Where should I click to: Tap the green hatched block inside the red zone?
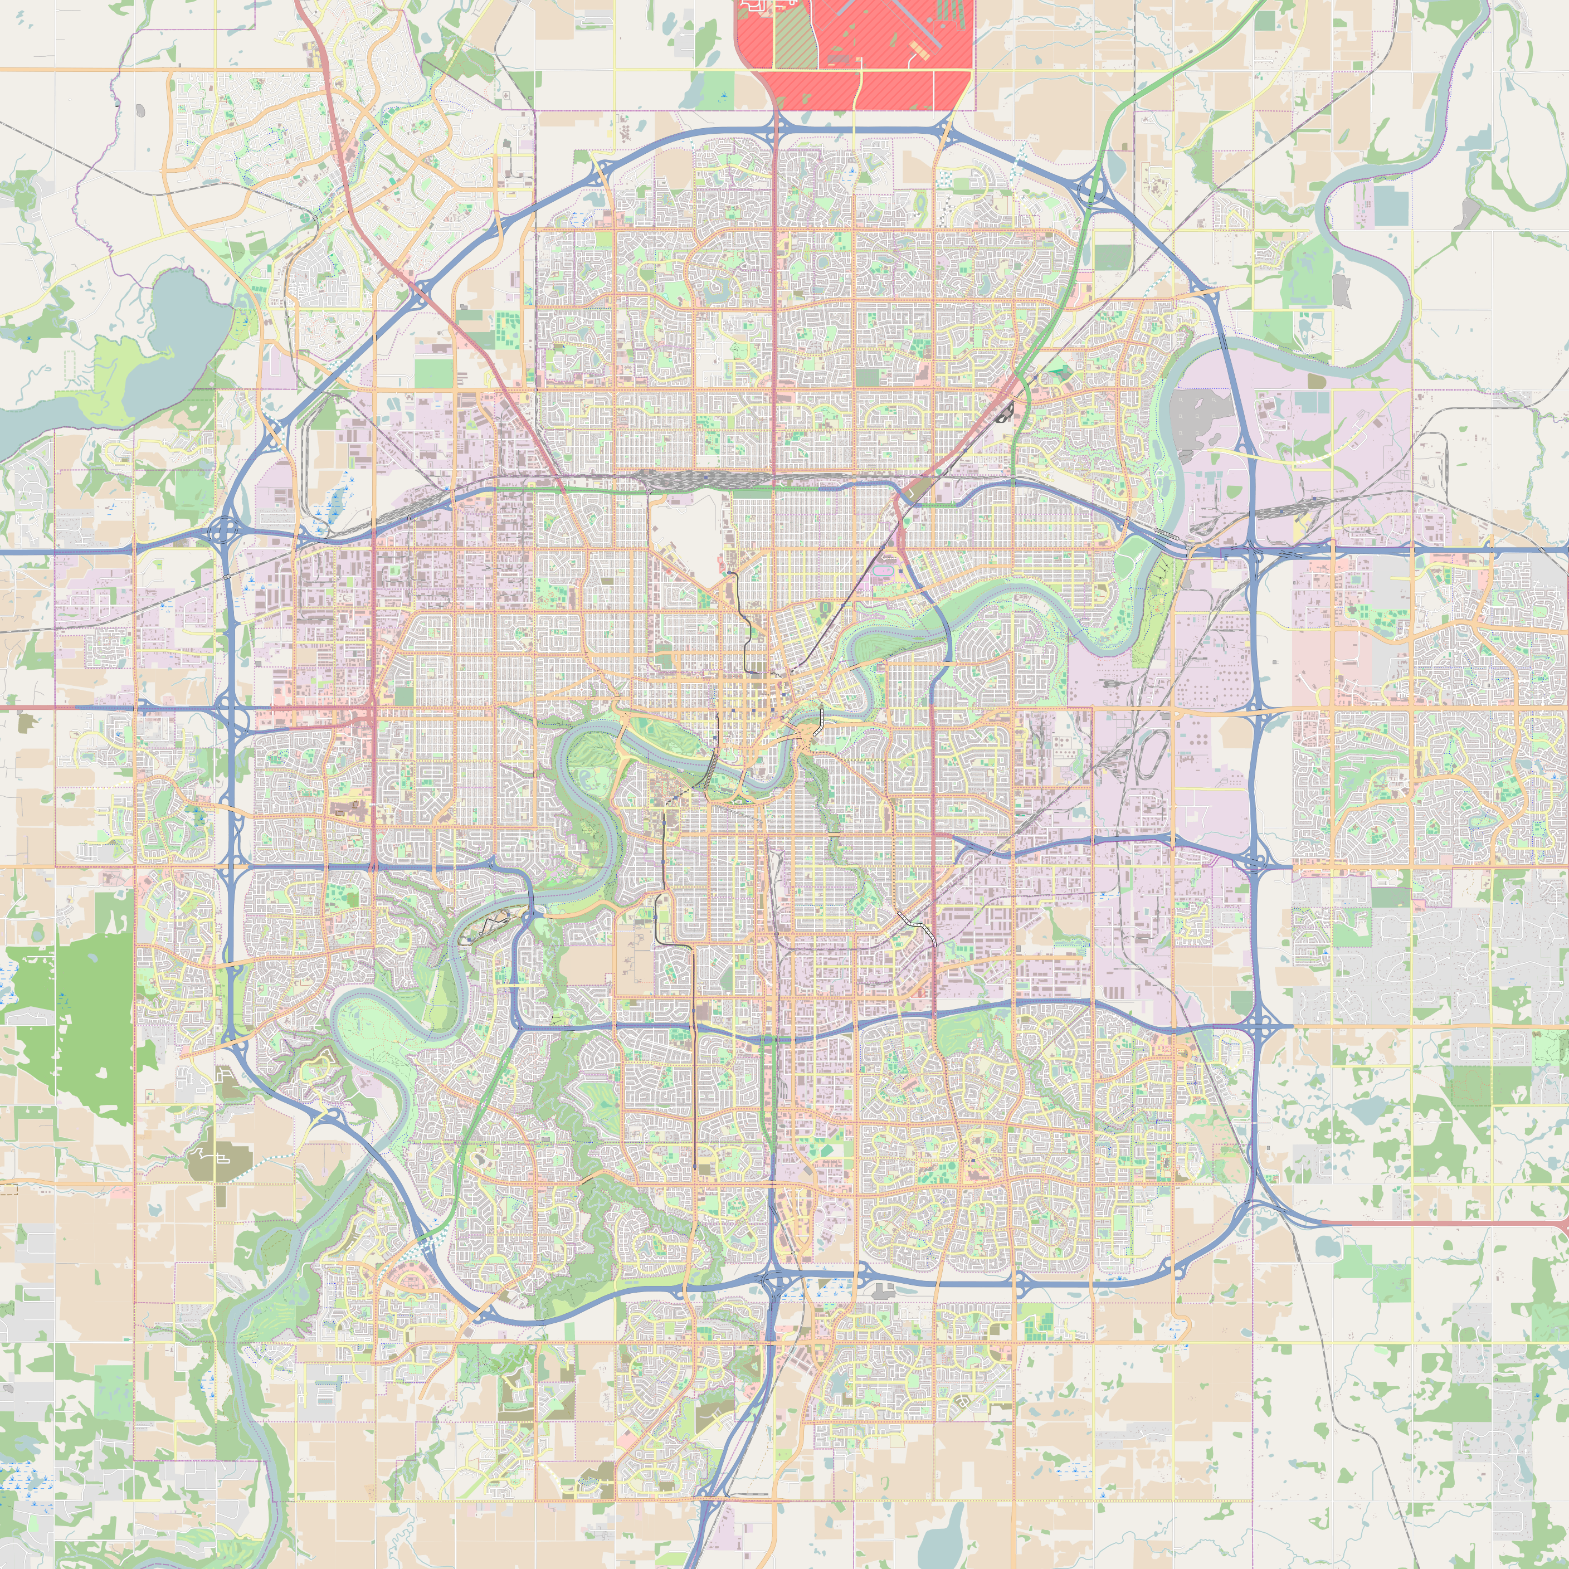coord(792,37)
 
